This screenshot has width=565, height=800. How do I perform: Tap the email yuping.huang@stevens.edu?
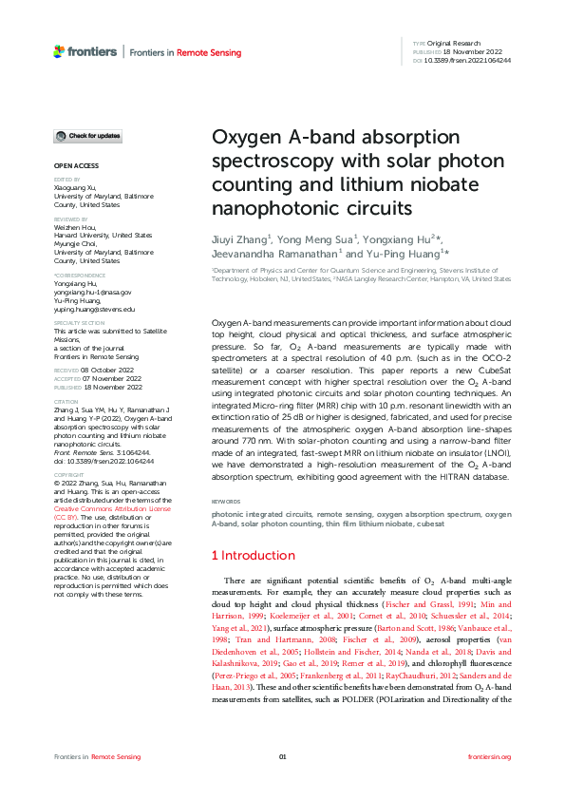click(94, 310)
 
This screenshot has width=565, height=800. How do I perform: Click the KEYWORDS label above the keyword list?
click(226, 501)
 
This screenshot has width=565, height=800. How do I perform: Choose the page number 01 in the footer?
click(282, 756)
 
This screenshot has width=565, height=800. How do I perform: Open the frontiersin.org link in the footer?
click(490, 756)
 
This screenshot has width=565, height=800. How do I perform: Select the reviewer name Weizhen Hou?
click(79, 227)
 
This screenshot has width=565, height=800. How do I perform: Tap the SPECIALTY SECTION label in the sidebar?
click(79, 323)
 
